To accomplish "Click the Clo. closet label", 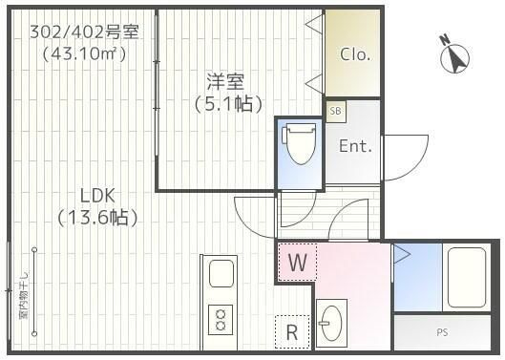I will click(355, 54).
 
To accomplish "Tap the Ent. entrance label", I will click(355, 146).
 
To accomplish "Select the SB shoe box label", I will click(335, 112).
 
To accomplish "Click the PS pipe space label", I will click(442, 332).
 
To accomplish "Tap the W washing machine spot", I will click(297, 262).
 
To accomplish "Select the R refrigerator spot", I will click(292, 333).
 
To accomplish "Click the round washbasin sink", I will click(332, 324).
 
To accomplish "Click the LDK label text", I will click(96, 196).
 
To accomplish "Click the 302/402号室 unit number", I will click(84, 32).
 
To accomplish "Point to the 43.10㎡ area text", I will click(84, 53).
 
